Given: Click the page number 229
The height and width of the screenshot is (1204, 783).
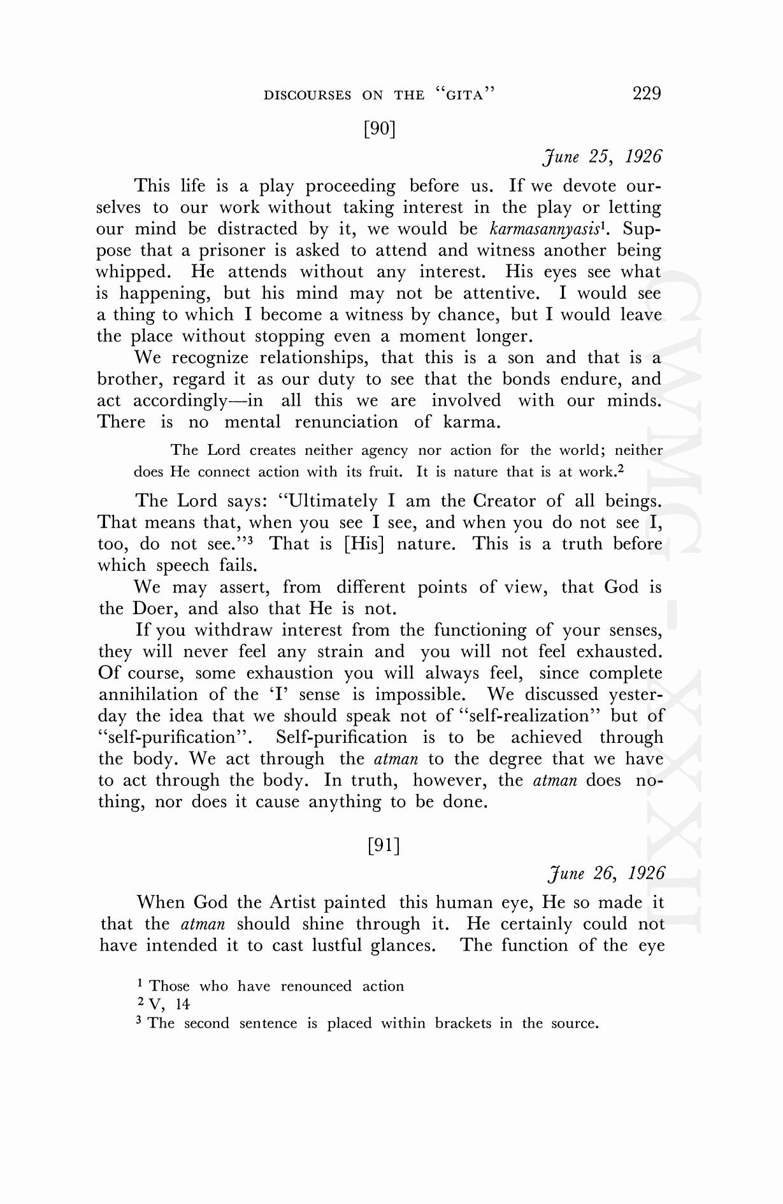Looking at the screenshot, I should click(x=647, y=94).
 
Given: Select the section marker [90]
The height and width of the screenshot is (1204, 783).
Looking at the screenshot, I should click(x=380, y=129).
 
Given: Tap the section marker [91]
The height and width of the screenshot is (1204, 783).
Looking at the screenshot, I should click(x=384, y=845).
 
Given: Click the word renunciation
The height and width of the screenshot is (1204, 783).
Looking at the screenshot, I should click(x=346, y=422).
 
